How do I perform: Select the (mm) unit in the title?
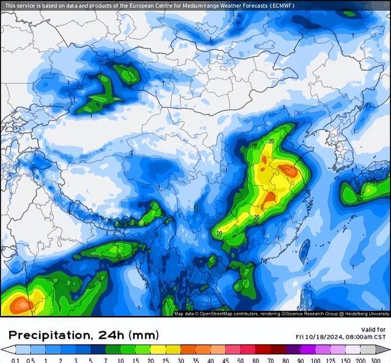[x=146, y=335]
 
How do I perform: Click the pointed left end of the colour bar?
[x=3, y=350]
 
